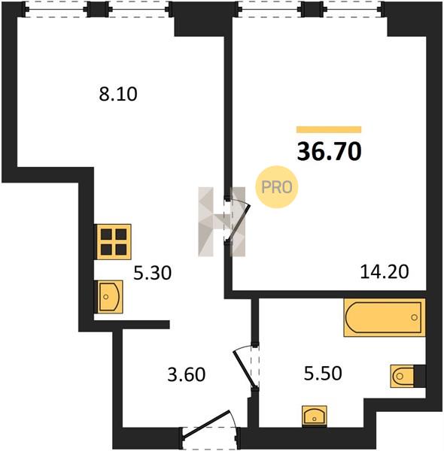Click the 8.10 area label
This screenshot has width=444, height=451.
coord(118,94)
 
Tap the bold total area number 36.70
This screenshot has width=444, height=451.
coord(329,152)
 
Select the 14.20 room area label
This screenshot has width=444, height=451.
coord(385,272)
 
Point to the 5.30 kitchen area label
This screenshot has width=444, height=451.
coord(152,273)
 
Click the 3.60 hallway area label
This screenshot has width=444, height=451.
coord(187,375)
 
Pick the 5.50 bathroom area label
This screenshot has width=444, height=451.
coord(323,374)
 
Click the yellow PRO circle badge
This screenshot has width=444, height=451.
coord(276,187)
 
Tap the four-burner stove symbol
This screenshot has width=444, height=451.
coord(114,241)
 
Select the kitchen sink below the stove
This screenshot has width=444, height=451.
coord(110,297)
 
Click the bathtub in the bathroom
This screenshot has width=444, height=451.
coord(385,317)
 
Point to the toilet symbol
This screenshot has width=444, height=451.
coord(403,376)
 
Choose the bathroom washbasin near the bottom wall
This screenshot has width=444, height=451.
coord(314,416)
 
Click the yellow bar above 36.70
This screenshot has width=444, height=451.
coord(329,130)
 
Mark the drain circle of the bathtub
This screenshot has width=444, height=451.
coord(415,317)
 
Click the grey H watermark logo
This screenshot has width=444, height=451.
coord(222,222)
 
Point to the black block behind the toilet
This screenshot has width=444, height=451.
coord(420,376)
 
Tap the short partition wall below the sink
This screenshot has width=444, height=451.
coord(132,325)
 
